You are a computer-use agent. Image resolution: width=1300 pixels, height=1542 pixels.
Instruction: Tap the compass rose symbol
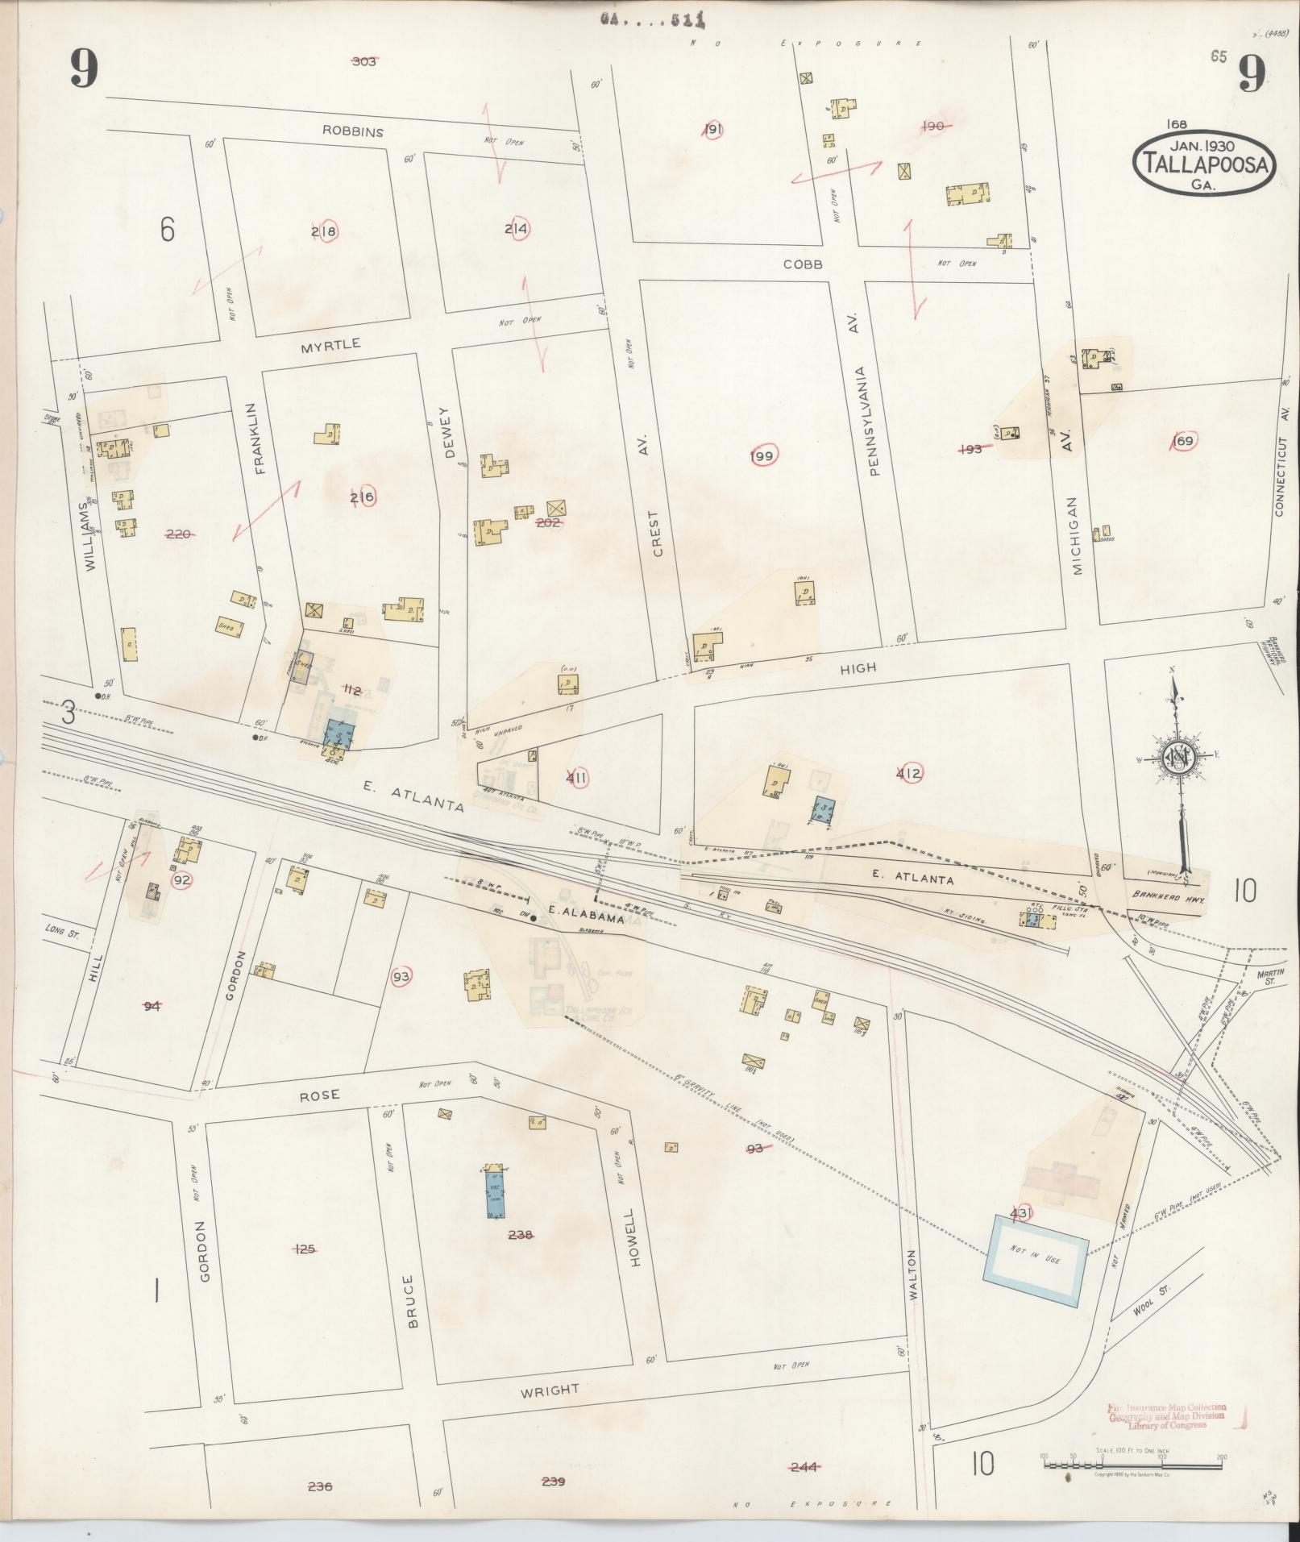(x=1177, y=758)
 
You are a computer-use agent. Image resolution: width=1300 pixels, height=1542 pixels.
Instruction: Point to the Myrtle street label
(x=330, y=344)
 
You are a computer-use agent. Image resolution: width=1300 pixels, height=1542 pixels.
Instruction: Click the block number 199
(x=762, y=457)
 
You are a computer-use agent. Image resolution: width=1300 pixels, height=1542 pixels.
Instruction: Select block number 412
(x=909, y=774)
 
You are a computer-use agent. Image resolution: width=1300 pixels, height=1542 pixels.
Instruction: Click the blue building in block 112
(x=338, y=734)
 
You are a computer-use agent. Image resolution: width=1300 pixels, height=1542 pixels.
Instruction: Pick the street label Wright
(x=549, y=1390)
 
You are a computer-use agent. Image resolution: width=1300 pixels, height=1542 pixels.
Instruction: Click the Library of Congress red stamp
(x=1166, y=1415)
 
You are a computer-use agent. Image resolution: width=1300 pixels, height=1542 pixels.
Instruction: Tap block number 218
(x=324, y=231)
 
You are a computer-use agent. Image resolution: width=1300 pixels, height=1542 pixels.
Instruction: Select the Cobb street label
(x=804, y=264)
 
